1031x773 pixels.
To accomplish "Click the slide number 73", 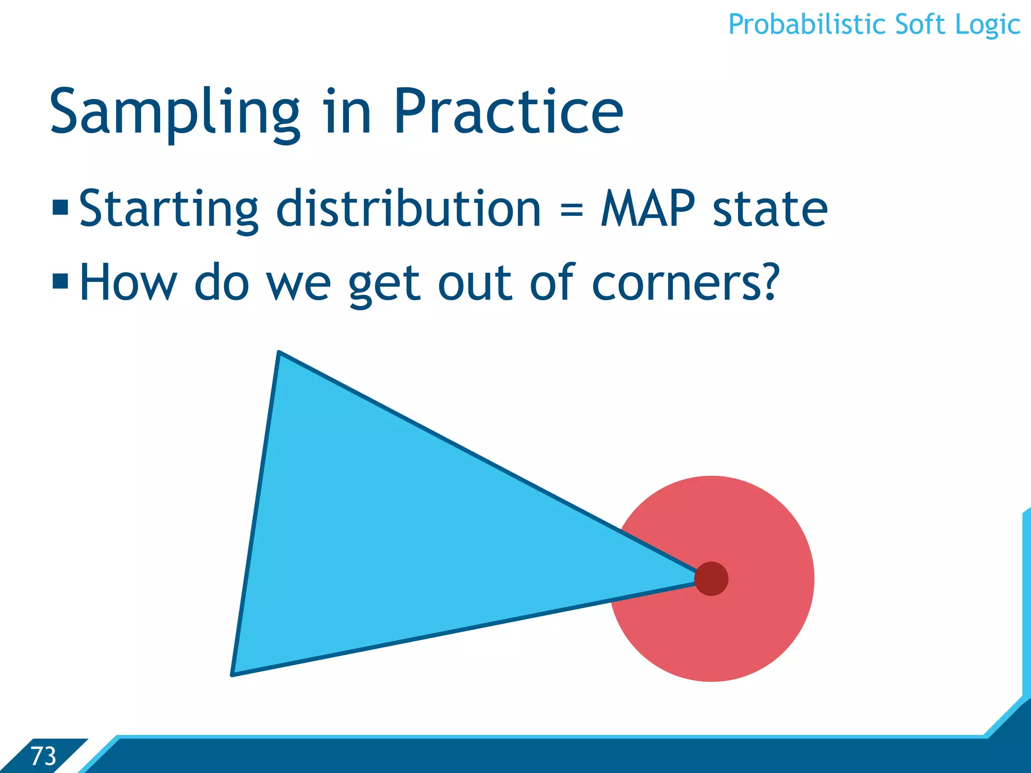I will [x=43, y=756].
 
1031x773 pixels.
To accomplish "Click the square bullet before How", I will [x=60, y=281].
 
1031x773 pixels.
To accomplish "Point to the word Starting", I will [x=169, y=209].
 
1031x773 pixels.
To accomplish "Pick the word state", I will [x=770, y=209].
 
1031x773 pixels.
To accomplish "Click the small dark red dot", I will [x=711, y=579].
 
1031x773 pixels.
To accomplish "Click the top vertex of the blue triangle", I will [x=279, y=353].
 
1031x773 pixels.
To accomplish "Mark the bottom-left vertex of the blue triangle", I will [x=234, y=673].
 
